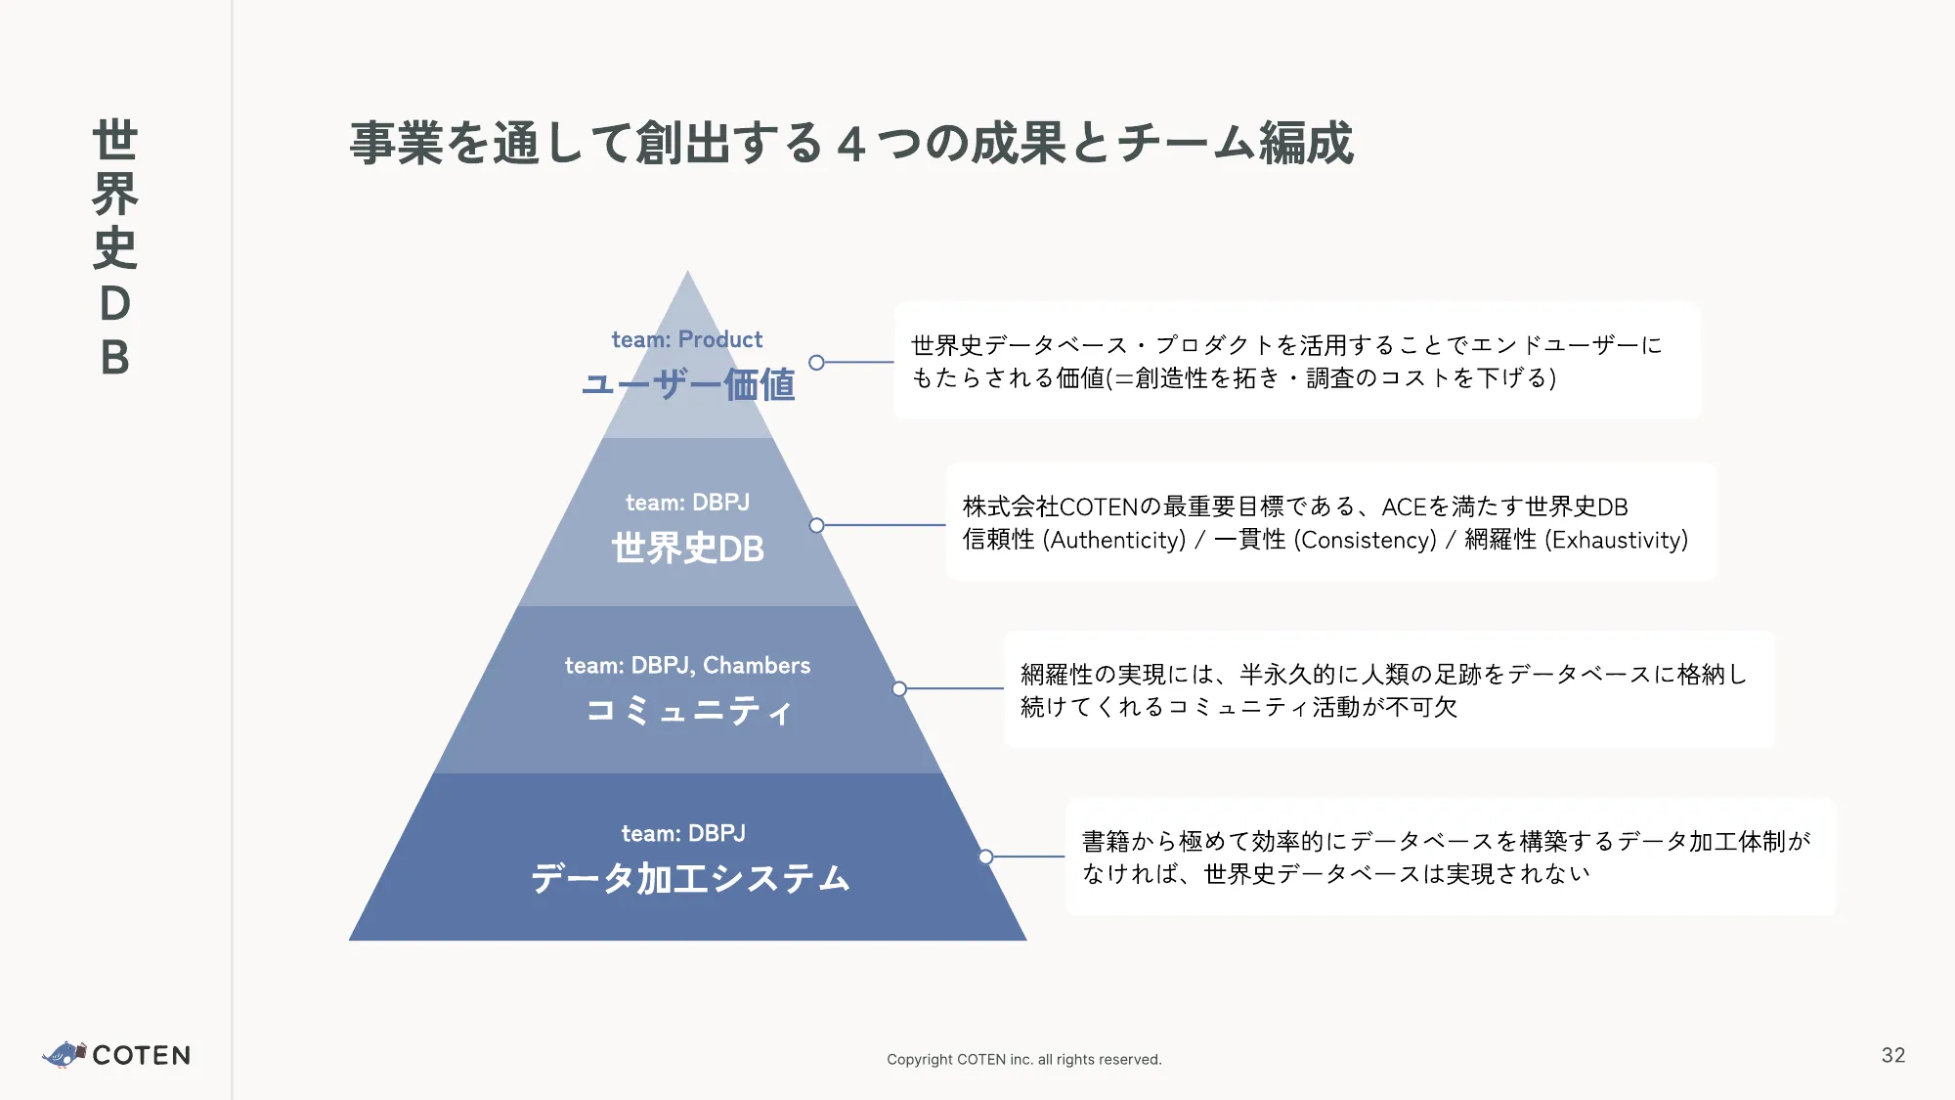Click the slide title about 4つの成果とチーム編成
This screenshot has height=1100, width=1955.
click(x=851, y=143)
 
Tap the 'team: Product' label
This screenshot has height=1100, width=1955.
click(x=686, y=339)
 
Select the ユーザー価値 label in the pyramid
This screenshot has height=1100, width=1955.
click(x=688, y=384)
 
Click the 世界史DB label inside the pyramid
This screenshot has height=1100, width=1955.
click(x=688, y=549)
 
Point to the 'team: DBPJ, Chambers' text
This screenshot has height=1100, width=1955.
click(x=687, y=666)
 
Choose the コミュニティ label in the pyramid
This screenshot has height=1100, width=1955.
click(x=688, y=710)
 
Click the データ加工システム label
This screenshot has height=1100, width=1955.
click(x=690, y=878)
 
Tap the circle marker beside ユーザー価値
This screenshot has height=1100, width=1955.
click(x=817, y=363)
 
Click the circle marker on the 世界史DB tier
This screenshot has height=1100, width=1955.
click(x=817, y=525)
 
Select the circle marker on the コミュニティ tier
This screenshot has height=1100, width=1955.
click(x=899, y=689)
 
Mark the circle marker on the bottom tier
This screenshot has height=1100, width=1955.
click(x=985, y=858)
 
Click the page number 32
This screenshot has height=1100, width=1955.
click(x=1892, y=1055)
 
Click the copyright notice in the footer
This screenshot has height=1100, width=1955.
click(x=1023, y=1059)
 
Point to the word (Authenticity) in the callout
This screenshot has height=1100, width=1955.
click(x=1113, y=540)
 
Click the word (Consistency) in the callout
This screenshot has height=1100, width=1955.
click(x=1365, y=540)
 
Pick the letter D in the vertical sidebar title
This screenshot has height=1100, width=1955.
click(x=115, y=304)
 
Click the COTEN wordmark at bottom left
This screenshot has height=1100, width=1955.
click(x=142, y=1055)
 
